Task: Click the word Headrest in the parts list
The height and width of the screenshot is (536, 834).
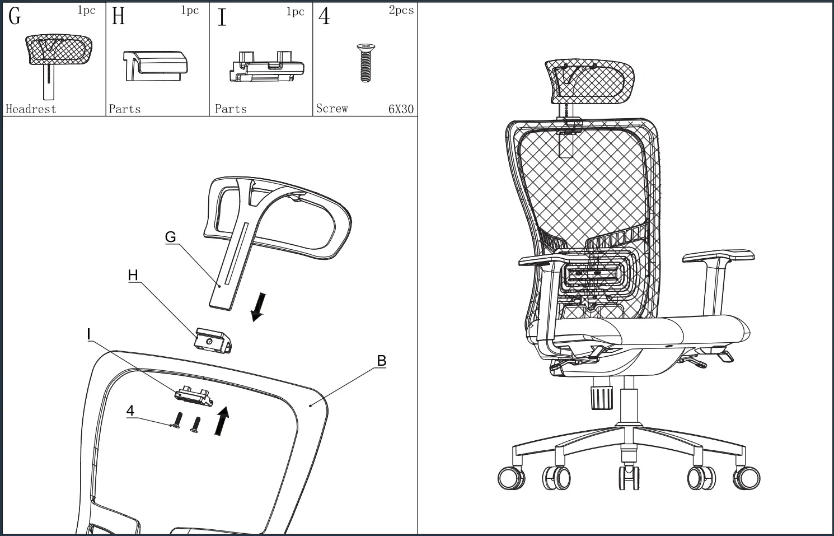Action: [x=31, y=109]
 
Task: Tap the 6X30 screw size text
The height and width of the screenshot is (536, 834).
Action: [x=401, y=109]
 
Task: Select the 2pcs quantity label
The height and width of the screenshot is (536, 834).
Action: [x=401, y=10]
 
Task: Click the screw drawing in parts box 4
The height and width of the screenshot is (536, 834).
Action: [x=366, y=63]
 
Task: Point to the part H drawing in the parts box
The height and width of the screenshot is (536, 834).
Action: [x=155, y=66]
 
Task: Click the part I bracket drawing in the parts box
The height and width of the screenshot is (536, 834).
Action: [x=266, y=68]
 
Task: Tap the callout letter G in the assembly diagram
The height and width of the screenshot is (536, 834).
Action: [x=170, y=237]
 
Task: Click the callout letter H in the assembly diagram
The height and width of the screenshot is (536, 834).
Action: [x=133, y=275]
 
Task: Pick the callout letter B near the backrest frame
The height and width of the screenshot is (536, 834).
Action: [x=381, y=361]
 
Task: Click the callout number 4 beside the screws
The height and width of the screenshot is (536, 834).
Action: [x=130, y=411]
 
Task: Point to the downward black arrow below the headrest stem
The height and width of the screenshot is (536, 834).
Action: [x=258, y=307]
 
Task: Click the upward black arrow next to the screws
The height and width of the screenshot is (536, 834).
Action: [x=222, y=421]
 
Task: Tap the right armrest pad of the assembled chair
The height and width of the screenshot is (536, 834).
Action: [x=718, y=256]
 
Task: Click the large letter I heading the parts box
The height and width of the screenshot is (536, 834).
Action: [x=222, y=17]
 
